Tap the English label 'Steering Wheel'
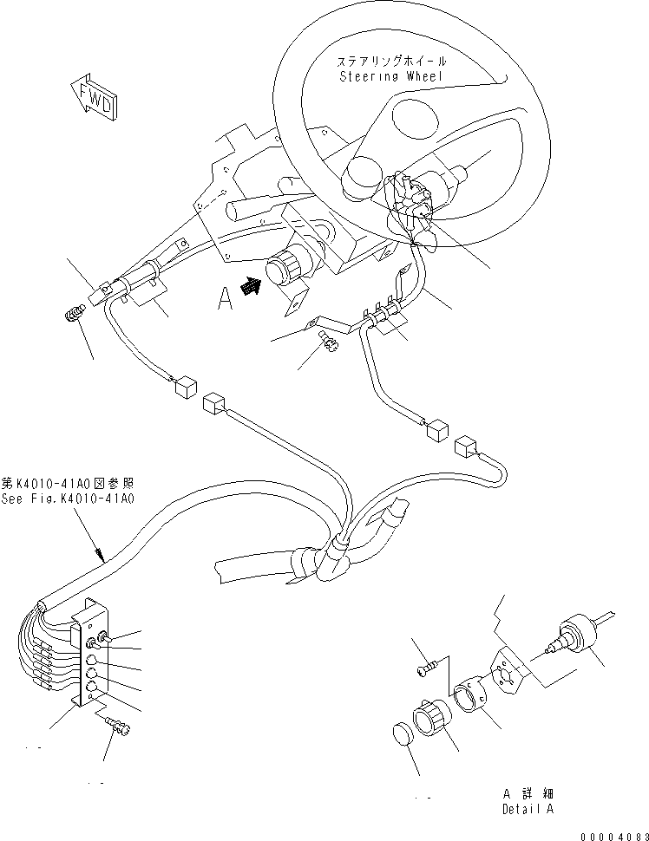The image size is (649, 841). (x=392, y=76)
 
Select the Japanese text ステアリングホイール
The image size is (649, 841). (x=392, y=62)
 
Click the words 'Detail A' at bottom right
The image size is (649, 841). (x=527, y=809)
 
